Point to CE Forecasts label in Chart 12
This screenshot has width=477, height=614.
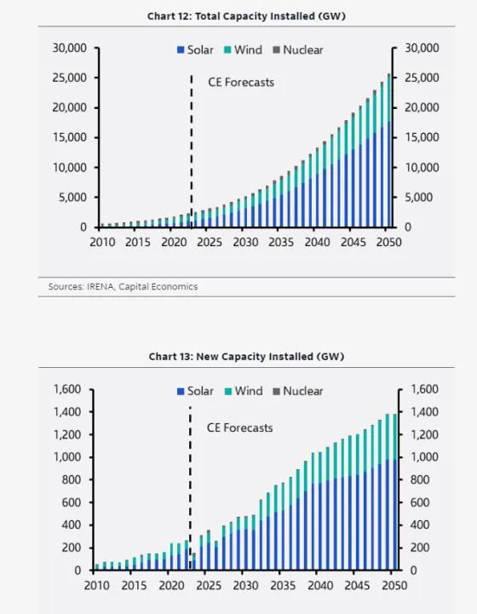pos(241,83)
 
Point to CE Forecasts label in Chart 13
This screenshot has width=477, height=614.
pos(240,428)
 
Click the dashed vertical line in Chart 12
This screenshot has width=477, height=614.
pos(191,145)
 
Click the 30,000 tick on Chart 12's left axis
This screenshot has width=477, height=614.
pos(70,49)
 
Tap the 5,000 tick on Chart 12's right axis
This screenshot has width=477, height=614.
pos(421,198)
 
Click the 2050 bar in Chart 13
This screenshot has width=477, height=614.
pos(394,494)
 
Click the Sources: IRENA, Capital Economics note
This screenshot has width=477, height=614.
pos(123,287)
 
